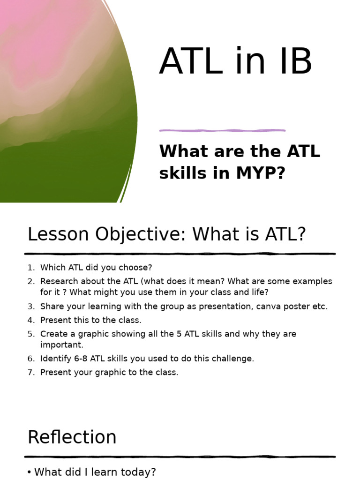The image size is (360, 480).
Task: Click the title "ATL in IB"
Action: [x=235, y=61]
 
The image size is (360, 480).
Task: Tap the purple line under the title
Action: [x=222, y=130]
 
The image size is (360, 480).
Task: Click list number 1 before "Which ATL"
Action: [x=30, y=268]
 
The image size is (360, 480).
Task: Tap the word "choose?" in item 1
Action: [x=136, y=268]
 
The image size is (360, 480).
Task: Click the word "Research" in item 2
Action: [x=58, y=282]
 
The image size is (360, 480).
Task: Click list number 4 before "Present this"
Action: [x=30, y=320]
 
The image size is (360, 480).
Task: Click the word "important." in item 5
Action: [x=61, y=345]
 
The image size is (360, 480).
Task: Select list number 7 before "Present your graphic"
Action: [x=30, y=373]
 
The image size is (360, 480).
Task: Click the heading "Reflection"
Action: [x=72, y=437]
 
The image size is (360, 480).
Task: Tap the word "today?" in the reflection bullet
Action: [x=141, y=472]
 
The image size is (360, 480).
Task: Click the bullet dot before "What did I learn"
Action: [x=30, y=472]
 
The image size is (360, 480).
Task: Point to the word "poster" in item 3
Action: [x=290, y=307]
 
